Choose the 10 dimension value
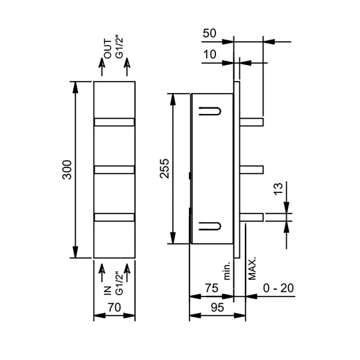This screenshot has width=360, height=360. coord(209,55)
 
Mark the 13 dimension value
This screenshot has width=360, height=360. coord(277,191)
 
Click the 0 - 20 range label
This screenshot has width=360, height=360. coord(279,288)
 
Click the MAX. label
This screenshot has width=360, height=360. coord(253,268)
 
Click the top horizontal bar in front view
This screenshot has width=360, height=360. coord(114,122)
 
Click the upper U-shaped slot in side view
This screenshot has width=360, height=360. coord(209,112)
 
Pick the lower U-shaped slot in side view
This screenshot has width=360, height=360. coord(209,226)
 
